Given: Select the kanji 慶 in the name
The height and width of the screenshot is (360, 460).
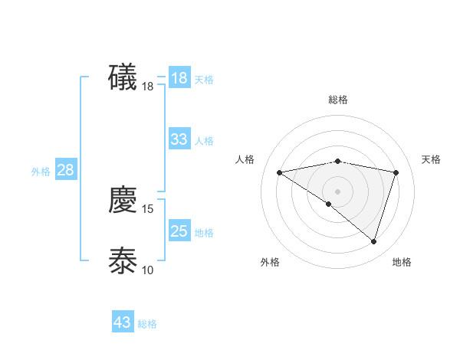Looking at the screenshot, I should [x=123, y=200].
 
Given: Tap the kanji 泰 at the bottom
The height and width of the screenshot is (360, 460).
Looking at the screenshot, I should [x=123, y=260].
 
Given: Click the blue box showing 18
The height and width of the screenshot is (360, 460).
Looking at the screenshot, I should [x=179, y=78].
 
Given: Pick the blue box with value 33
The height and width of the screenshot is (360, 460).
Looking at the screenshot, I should [x=179, y=139].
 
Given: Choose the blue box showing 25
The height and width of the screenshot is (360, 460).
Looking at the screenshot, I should [x=179, y=231].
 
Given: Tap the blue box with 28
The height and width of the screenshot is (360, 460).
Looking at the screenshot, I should [x=65, y=170].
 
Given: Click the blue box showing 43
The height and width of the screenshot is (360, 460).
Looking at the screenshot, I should [x=123, y=322].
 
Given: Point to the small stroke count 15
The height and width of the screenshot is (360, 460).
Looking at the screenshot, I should [x=148, y=208].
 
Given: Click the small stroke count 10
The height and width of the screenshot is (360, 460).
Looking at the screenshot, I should [x=148, y=270].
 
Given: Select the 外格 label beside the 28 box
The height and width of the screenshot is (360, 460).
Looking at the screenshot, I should [x=41, y=172].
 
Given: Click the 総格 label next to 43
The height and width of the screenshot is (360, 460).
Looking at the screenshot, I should [x=147, y=324].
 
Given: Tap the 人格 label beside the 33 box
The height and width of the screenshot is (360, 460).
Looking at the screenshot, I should [x=204, y=141].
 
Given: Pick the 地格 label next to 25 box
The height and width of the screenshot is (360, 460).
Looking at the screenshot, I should [x=204, y=233].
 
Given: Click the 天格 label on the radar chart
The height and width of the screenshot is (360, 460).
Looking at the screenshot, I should [x=431, y=159].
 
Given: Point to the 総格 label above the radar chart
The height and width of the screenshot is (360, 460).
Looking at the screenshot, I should [x=337, y=100].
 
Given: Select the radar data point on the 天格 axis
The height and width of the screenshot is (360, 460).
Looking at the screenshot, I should [x=396, y=172].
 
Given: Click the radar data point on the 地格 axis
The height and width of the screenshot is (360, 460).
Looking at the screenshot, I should [x=373, y=241].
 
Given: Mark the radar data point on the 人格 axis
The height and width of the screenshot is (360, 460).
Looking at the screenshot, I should [x=280, y=172].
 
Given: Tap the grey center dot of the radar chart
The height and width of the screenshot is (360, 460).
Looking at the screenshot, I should [x=337, y=191].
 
